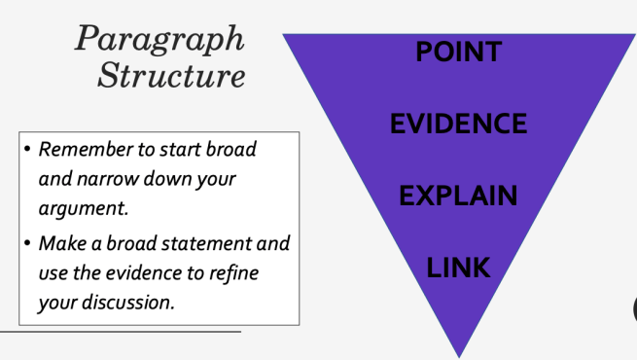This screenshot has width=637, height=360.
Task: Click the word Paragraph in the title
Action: [160, 40]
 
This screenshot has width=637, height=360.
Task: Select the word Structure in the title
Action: [171, 76]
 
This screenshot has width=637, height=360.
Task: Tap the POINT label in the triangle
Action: [458, 52]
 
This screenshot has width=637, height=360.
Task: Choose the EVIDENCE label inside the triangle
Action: [458, 124]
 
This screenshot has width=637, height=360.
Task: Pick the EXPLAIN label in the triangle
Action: [458, 195]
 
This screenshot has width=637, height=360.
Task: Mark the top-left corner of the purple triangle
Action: [284, 35]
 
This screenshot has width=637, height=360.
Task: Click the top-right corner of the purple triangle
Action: [633, 35]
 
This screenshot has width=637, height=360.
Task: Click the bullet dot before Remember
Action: [26, 151]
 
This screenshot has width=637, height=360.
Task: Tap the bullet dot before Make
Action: [26, 243]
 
